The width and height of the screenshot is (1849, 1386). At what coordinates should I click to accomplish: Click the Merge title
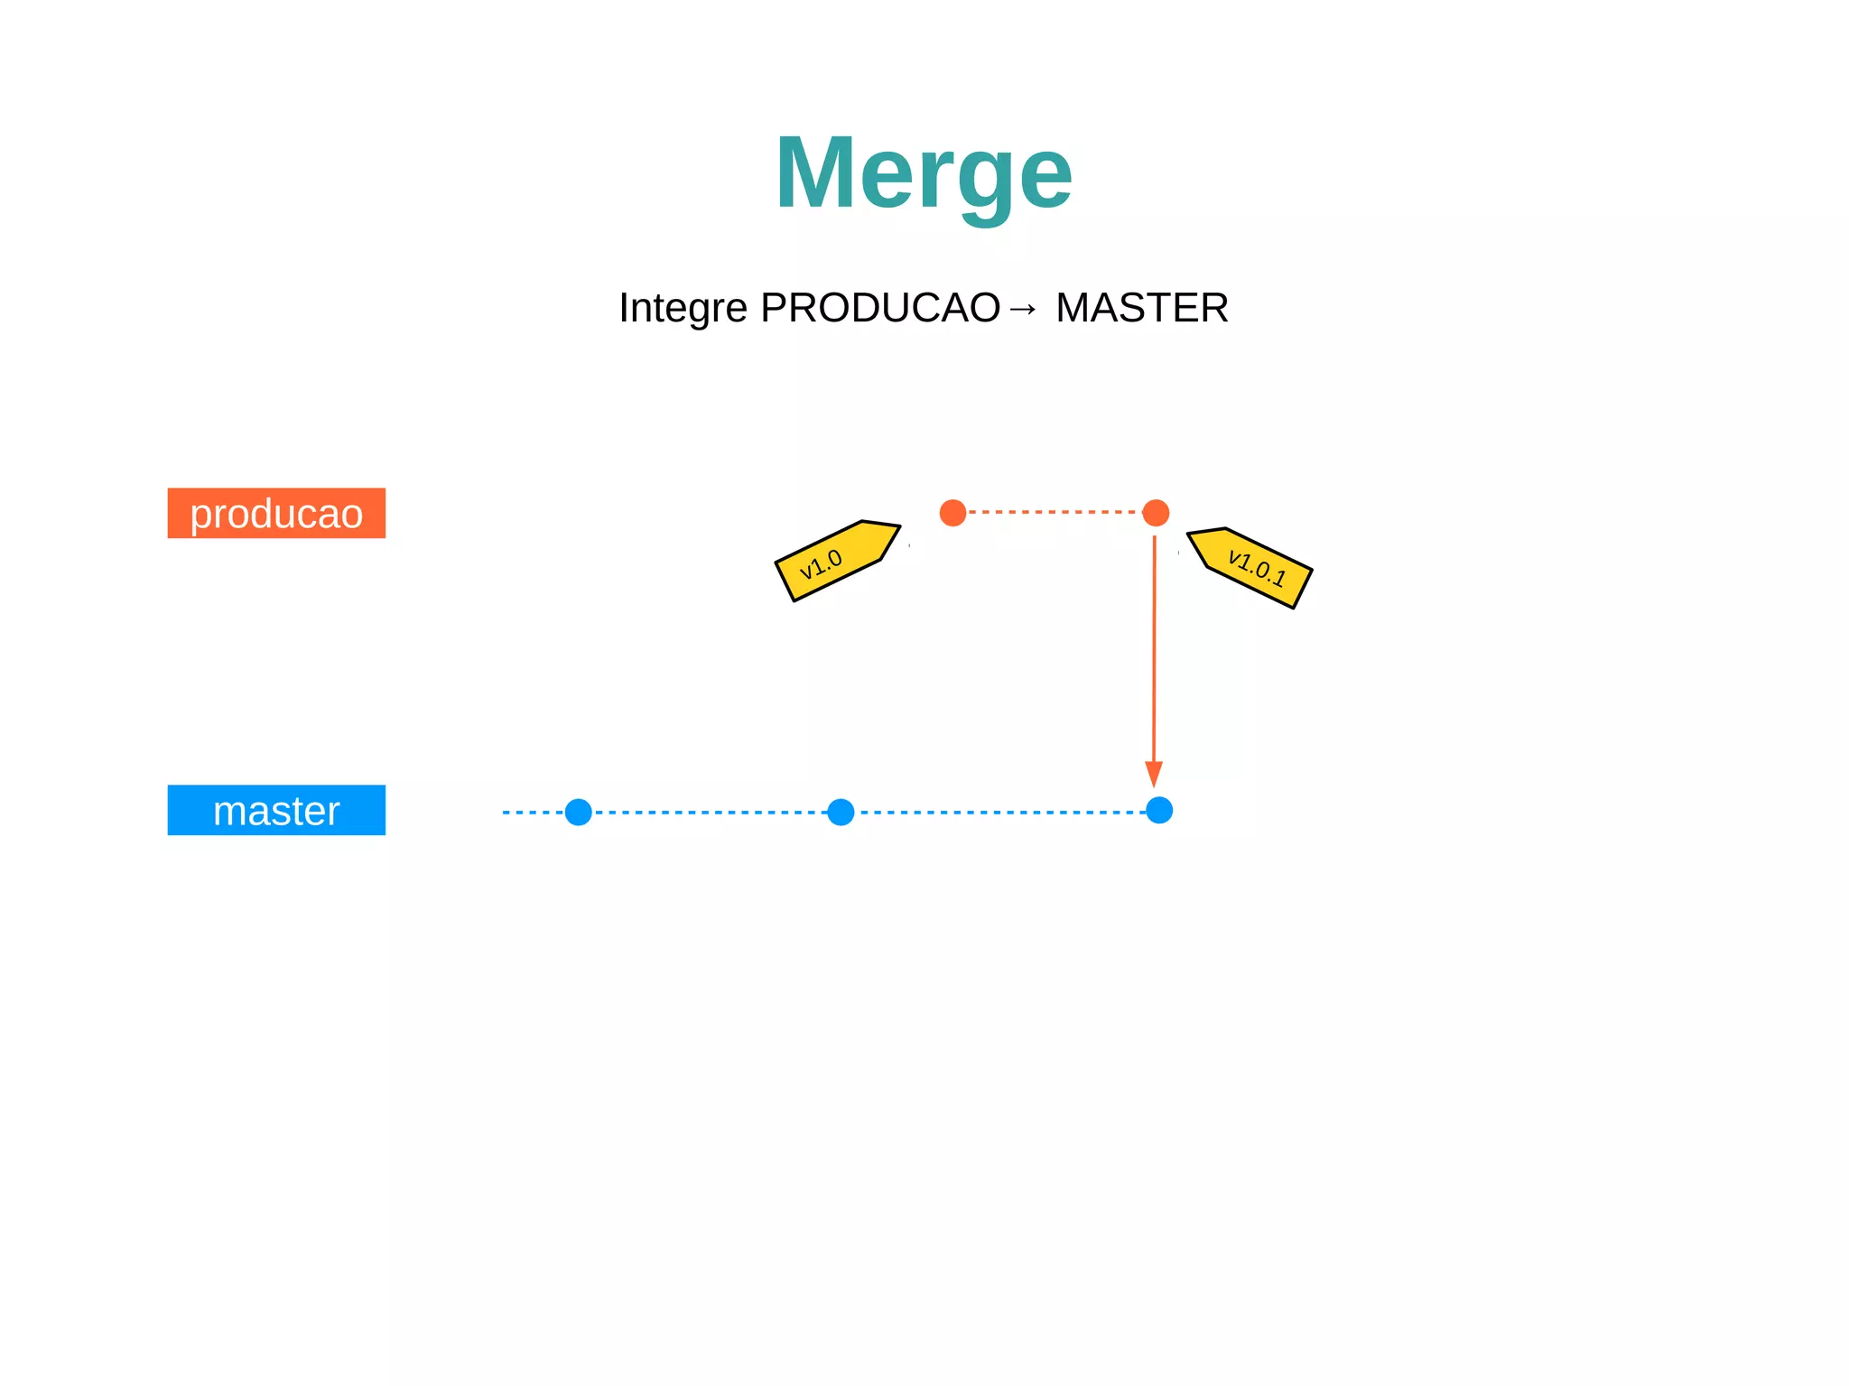[x=923, y=172]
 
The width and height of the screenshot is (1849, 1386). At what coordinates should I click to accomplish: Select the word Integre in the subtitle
[x=683, y=308]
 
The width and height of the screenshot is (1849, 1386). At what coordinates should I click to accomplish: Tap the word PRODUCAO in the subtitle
[x=880, y=308]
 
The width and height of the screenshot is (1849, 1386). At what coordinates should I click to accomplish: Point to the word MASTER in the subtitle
[x=1142, y=308]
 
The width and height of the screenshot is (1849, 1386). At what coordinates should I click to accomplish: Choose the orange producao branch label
[x=276, y=513]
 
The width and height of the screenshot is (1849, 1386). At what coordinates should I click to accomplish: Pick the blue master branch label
[x=276, y=810]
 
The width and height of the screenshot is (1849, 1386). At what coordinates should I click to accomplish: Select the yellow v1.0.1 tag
[x=1251, y=566]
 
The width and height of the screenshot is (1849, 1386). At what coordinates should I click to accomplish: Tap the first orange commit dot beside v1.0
[x=952, y=513]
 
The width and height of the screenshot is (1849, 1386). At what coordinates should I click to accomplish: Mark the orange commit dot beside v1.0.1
[x=1156, y=513]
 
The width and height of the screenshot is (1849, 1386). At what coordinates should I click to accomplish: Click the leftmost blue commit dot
[x=578, y=812]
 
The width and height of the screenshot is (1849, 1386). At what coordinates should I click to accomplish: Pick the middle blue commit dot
[x=841, y=812]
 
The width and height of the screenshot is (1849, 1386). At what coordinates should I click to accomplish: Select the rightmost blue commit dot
[x=1159, y=811]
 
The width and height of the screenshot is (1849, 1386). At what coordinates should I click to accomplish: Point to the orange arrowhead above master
[x=1154, y=773]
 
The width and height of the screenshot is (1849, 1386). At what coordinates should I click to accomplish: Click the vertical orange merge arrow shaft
[x=1154, y=650]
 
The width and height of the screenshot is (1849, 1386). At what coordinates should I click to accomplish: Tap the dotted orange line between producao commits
[x=1055, y=512]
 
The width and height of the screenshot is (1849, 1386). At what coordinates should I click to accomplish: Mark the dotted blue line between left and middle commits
[x=710, y=812]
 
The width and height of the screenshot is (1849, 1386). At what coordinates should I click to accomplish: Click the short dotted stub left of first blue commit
[x=532, y=812]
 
